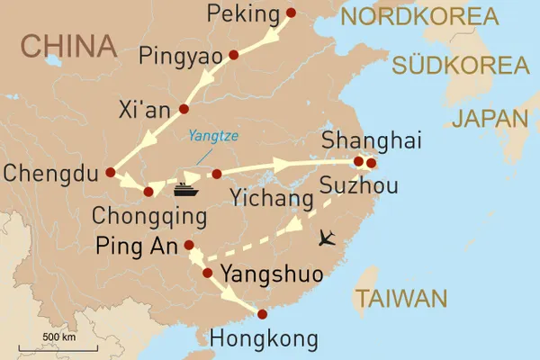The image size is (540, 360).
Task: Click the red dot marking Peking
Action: click(290, 13)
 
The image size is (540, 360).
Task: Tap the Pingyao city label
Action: click(180, 57)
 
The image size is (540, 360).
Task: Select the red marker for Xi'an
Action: click(184, 109)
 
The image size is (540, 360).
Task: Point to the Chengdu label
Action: click(48, 172)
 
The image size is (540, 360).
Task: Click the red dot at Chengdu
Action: click(110, 172)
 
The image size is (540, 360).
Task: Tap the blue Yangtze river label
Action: click(214, 137)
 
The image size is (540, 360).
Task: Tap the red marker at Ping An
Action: click(189, 245)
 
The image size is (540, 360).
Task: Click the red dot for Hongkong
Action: click(262, 314)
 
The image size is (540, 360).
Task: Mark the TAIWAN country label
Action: click(400, 299)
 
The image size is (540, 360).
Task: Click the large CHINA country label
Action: click(69, 45)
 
